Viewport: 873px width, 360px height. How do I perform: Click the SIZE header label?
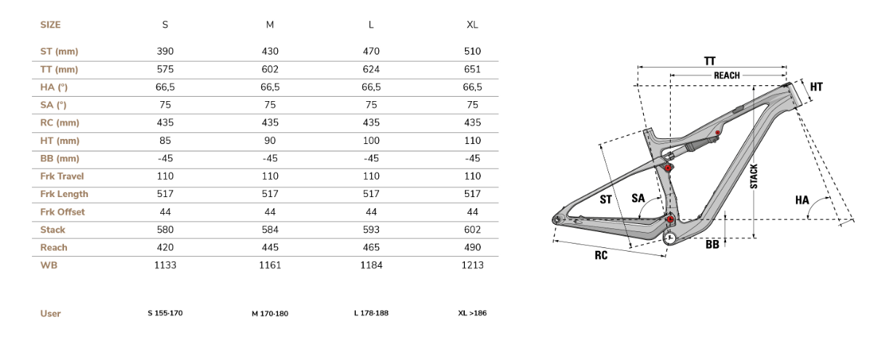pos(50,25)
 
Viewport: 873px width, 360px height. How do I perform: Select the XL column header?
pos(472,25)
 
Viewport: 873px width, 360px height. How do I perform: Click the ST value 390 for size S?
pos(165,52)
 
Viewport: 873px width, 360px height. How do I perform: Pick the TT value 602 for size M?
pos(270,69)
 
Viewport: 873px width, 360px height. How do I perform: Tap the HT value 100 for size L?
pos(371,140)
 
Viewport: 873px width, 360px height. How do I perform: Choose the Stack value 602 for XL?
pos(472,230)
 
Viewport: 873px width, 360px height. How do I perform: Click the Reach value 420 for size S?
pos(165,247)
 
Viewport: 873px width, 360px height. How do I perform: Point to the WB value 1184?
pos(371,265)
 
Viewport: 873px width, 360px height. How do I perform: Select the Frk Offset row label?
pos(63,212)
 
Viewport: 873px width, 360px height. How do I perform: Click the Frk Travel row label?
pos(62,177)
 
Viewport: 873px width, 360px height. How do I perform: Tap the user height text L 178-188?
pos(371,313)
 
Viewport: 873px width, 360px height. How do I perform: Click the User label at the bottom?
pos(50,313)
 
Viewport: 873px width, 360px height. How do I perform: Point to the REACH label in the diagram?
pos(727,76)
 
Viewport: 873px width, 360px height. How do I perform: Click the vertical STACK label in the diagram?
pos(754,177)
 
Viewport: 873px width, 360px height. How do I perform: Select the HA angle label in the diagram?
pos(802,200)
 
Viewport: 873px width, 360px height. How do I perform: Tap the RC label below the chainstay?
pos(601,255)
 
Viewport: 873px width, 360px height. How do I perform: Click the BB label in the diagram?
pos(712,244)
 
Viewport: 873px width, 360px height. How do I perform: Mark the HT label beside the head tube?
pos(816,87)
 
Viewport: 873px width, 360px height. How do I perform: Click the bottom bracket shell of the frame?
pos(670,238)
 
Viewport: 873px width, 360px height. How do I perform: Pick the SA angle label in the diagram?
pos(638,199)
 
